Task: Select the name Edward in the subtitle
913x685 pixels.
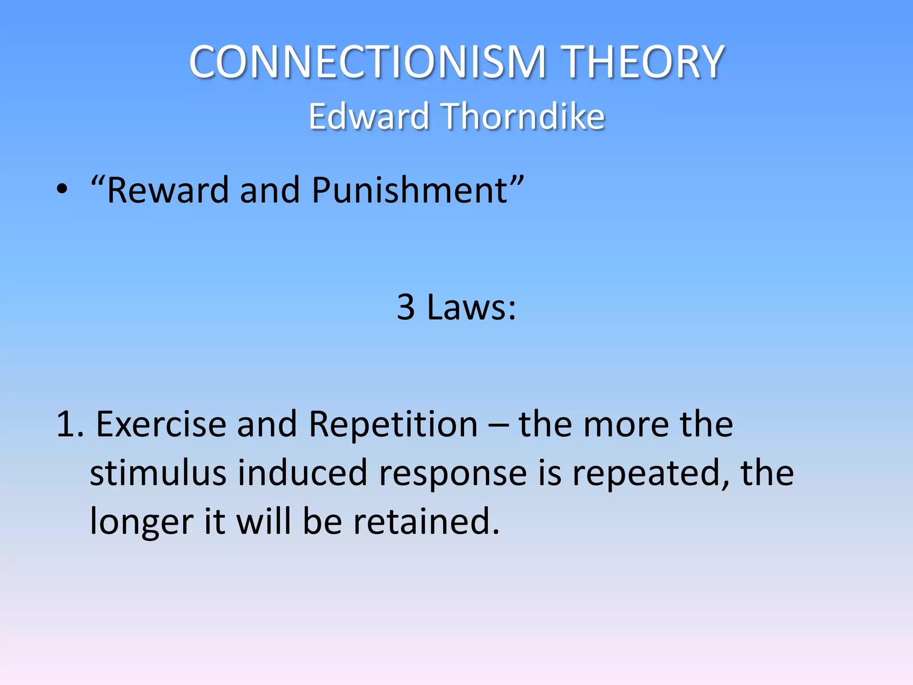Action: tap(368, 116)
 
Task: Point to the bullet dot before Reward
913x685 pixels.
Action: tap(62, 190)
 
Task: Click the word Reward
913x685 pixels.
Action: tap(168, 191)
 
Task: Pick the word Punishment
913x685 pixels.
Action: tap(410, 191)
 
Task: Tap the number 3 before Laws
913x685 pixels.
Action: tap(406, 307)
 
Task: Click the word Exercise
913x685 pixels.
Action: tap(161, 424)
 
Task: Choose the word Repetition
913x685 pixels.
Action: tap(393, 424)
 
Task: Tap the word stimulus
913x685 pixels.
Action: tap(158, 473)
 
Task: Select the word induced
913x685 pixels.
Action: tap(302, 473)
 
